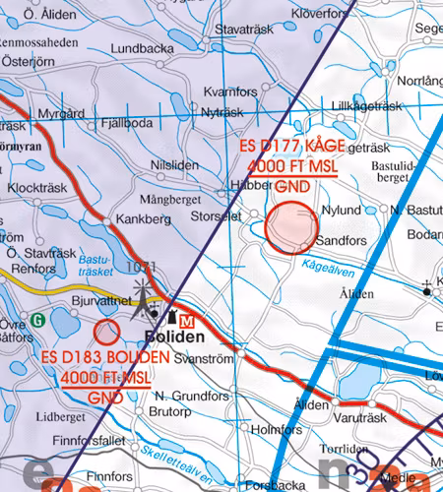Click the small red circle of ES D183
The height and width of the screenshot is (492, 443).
106,332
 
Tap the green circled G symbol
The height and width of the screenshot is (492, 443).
37,319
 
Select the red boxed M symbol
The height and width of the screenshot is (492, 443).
188,320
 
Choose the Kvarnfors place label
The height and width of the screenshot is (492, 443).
228,92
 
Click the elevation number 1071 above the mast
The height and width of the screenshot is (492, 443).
142,267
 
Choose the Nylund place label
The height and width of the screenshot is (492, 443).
344,210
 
